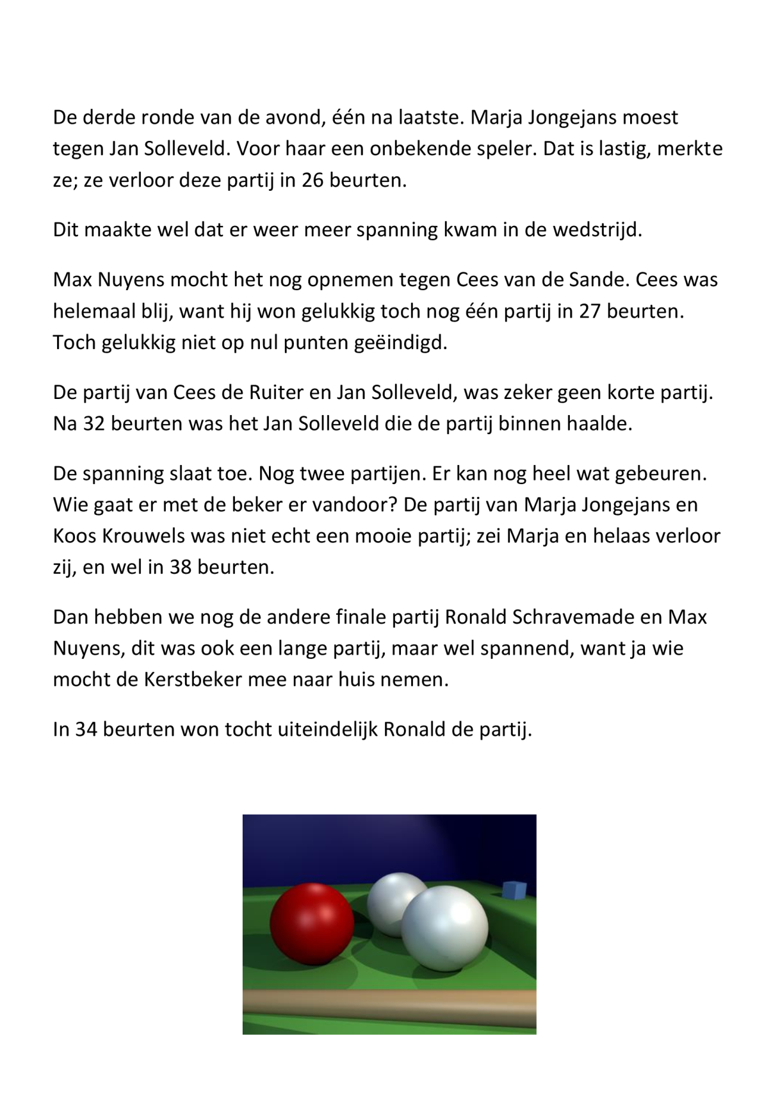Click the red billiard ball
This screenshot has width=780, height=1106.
tap(312, 923)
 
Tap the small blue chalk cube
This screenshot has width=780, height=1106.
tap(514, 890)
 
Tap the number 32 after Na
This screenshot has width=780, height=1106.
tap(95, 424)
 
